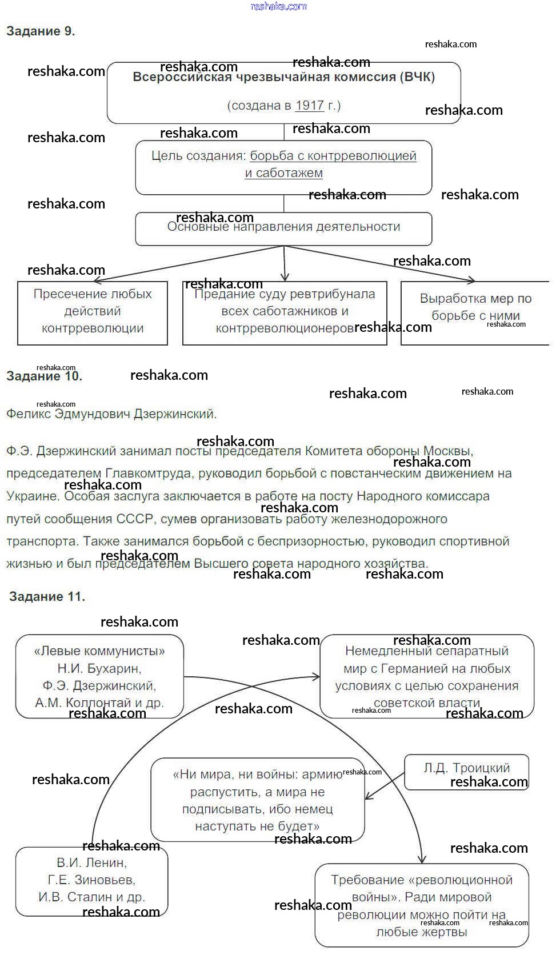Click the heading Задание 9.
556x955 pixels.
tap(41, 31)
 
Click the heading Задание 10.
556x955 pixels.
tap(44, 376)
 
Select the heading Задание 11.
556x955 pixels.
tap(47, 597)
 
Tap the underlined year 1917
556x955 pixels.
tap(310, 106)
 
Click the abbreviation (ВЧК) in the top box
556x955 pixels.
tap(417, 77)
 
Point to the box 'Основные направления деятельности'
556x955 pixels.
tap(283, 229)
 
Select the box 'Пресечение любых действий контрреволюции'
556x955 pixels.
tap(92, 312)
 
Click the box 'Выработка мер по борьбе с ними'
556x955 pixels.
tap(475, 312)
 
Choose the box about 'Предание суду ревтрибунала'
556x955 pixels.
tap(285, 312)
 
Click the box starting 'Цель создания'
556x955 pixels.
tap(283, 167)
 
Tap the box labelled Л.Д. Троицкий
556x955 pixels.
tap(466, 772)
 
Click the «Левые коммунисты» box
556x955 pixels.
tap(99, 676)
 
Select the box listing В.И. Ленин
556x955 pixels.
tap(91, 881)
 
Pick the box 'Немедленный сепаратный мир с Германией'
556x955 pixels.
tap(427, 676)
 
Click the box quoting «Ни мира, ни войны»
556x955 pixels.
tap(257, 800)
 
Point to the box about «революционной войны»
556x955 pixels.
tap(422, 905)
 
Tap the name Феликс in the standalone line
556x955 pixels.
tap(28, 414)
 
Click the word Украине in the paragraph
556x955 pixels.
tap(33, 496)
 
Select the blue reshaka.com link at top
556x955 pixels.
tap(279, 6)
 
